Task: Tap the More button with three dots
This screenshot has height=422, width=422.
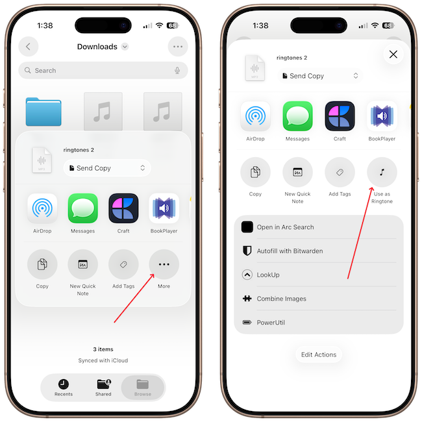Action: click(164, 264)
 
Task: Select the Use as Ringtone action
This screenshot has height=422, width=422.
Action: click(382, 172)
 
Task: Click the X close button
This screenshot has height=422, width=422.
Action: click(393, 55)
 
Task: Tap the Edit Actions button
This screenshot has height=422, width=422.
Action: click(319, 354)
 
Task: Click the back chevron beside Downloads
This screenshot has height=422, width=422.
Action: click(29, 47)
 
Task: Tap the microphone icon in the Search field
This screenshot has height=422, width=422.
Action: click(177, 71)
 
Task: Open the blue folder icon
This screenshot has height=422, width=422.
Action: click(43, 112)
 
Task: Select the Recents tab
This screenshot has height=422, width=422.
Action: click(64, 388)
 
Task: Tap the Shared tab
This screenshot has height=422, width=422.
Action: click(103, 388)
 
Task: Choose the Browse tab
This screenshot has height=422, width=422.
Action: click(143, 388)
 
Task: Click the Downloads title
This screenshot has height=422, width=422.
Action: click(97, 47)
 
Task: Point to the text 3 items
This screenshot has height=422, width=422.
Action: click(103, 349)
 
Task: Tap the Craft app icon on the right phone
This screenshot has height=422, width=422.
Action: click(340, 116)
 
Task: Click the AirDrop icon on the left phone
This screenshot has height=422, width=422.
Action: click(42, 208)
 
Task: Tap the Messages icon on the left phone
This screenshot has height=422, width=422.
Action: click(82, 208)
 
